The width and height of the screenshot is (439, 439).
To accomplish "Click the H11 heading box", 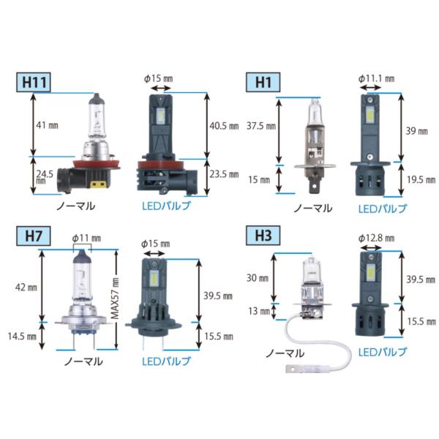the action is [x=34, y=82].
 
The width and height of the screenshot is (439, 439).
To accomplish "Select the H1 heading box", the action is [x=263, y=82].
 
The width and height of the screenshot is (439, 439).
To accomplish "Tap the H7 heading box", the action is [x=34, y=236].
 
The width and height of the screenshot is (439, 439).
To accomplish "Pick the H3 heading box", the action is [x=263, y=236].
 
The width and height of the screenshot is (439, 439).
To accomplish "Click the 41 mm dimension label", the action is [x=47, y=125].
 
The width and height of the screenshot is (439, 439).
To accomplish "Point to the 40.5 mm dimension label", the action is [x=224, y=126].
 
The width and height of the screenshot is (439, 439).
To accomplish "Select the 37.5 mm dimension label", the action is [x=261, y=126].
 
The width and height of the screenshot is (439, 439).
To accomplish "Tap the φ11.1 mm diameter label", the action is [x=376, y=79].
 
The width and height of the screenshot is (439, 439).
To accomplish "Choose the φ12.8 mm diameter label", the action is [x=376, y=239].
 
